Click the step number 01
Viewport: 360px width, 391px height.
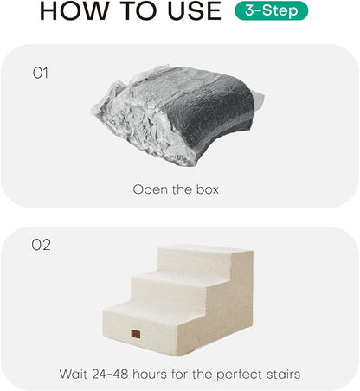41,74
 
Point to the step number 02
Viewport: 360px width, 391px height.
42,245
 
